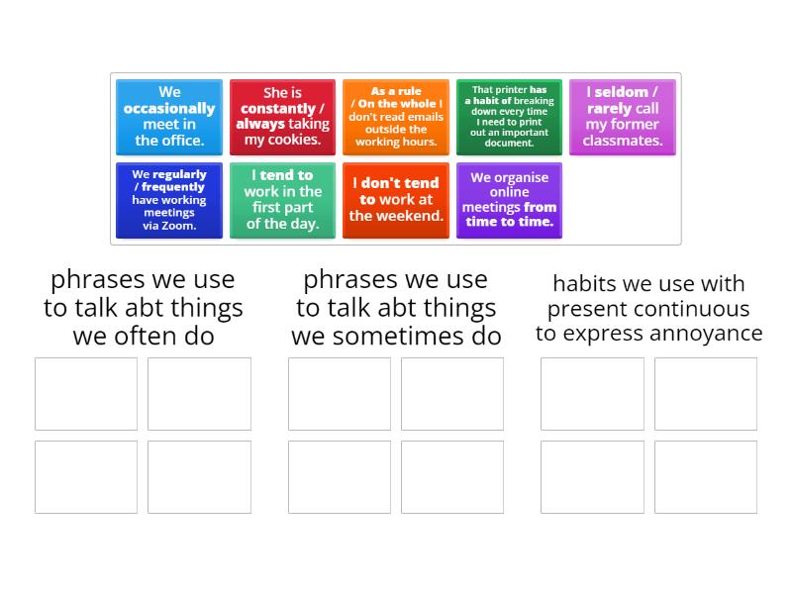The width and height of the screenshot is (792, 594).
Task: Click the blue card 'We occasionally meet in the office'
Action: click(x=169, y=117)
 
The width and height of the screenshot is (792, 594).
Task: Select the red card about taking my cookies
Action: click(x=282, y=117)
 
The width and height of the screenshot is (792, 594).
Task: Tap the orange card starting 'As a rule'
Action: click(x=396, y=117)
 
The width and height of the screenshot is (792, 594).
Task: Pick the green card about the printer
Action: click(x=509, y=117)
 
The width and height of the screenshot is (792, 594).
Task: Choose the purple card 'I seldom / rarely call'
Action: click(x=622, y=117)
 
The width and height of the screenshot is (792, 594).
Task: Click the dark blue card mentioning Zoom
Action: click(x=169, y=200)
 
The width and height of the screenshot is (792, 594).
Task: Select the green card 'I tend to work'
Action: click(x=282, y=200)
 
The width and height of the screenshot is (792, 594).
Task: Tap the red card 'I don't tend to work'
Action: click(x=396, y=200)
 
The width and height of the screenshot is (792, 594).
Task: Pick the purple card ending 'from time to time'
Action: click(x=509, y=200)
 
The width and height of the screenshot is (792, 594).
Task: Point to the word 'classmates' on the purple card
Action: click(x=622, y=141)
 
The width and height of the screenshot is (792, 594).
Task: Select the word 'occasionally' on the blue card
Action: click(x=169, y=109)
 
